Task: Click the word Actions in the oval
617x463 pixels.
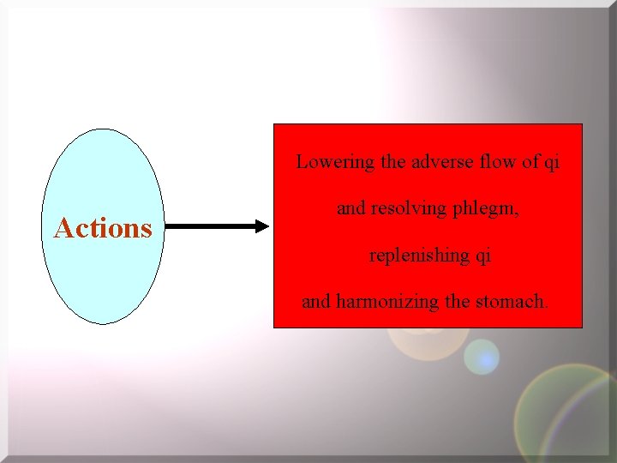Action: tap(103, 228)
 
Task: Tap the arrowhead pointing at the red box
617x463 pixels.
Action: tap(261, 227)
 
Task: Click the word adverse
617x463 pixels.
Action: tap(440, 162)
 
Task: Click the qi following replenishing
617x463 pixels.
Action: tap(482, 256)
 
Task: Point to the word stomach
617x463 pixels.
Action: tap(515, 302)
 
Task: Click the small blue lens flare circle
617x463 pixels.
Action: tap(482, 357)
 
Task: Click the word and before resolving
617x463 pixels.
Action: tap(351, 208)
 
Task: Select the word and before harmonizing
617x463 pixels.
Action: tap(316, 302)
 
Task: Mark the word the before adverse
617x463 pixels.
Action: tap(394, 162)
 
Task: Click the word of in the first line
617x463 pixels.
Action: tap(530, 162)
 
